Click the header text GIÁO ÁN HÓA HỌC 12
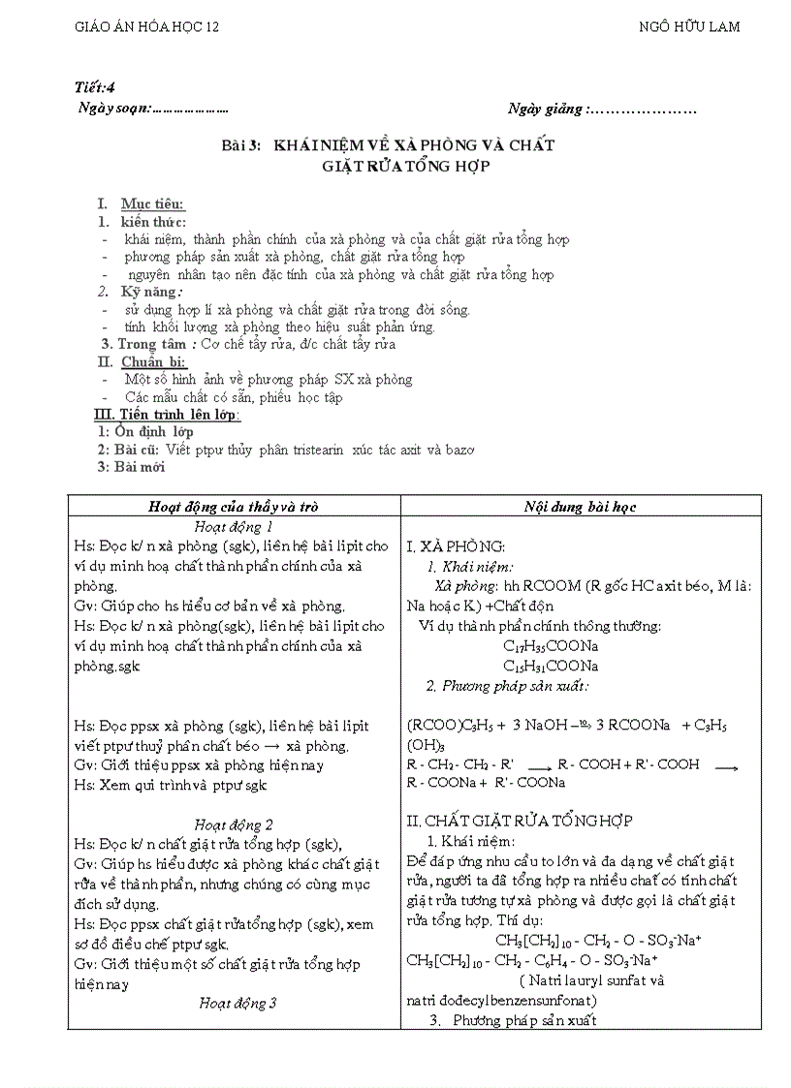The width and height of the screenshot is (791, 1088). tap(147, 27)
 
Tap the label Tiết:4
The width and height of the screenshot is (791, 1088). tap(94, 88)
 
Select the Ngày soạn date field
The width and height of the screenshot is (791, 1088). tap(190, 109)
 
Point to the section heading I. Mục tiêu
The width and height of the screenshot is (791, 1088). tap(142, 204)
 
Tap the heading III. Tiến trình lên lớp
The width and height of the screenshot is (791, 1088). tap(167, 415)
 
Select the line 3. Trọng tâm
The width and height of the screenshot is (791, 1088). tap(248, 344)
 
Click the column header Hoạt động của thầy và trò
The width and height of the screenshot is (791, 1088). tap(234, 507)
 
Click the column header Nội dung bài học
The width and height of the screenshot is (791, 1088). tap(580, 507)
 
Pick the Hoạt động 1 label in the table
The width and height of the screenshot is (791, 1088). tap(234, 527)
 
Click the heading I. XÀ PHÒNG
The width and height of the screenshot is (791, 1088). tap(456, 547)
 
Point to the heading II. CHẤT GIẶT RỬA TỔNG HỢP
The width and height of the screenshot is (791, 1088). tap(520, 821)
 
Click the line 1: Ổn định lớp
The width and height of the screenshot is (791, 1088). tap(145, 432)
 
